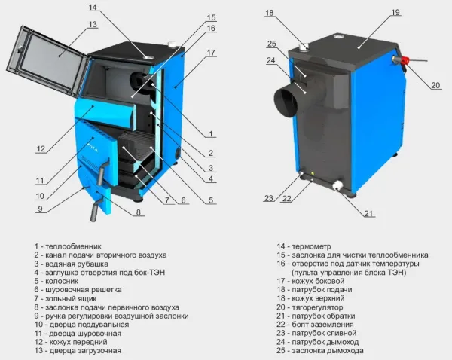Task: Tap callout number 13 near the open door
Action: click(x=93, y=24)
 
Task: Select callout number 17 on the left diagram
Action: click(x=211, y=53)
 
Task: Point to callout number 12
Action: click(x=41, y=149)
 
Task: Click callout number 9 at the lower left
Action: click(x=40, y=209)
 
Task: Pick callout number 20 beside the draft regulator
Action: click(x=435, y=85)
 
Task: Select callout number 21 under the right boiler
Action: click(x=368, y=214)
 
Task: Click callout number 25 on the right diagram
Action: click(x=272, y=44)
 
